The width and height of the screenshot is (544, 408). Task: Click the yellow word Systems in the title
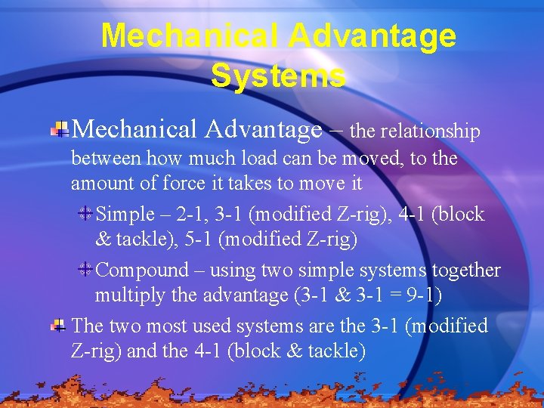(x=278, y=75)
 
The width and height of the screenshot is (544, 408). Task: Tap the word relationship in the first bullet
(x=430, y=131)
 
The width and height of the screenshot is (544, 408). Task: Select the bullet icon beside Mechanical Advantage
(x=60, y=130)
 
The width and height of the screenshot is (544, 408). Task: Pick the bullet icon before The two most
(x=58, y=326)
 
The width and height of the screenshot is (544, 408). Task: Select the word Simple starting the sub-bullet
(x=125, y=215)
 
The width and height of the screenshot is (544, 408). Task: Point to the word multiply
(x=131, y=295)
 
